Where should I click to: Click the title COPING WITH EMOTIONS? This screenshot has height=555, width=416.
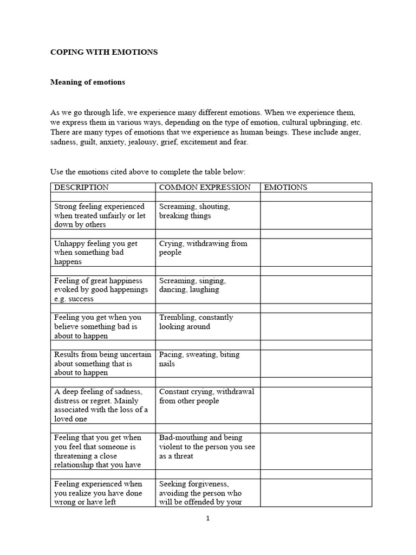[x=104, y=53]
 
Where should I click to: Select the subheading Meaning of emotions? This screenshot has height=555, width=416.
[x=88, y=82]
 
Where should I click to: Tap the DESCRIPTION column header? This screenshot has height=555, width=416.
[x=81, y=188]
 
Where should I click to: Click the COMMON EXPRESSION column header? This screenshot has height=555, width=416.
[x=205, y=188]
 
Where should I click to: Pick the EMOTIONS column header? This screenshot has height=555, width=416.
[x=285, y=188]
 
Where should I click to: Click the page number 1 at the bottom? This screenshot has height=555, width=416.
[x=207, y=518]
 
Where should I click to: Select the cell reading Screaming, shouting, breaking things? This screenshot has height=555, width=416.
[x=194, y=211]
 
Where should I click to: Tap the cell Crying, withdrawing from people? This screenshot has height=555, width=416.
[x=203, y=248]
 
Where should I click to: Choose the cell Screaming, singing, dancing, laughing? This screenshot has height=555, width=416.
[x=192, y=285]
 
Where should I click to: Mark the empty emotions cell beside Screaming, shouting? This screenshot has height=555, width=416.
[x=316, y=215]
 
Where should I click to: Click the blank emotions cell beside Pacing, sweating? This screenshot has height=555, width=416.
[x=316, y=363]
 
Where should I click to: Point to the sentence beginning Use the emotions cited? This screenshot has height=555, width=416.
[x=148, y=172]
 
